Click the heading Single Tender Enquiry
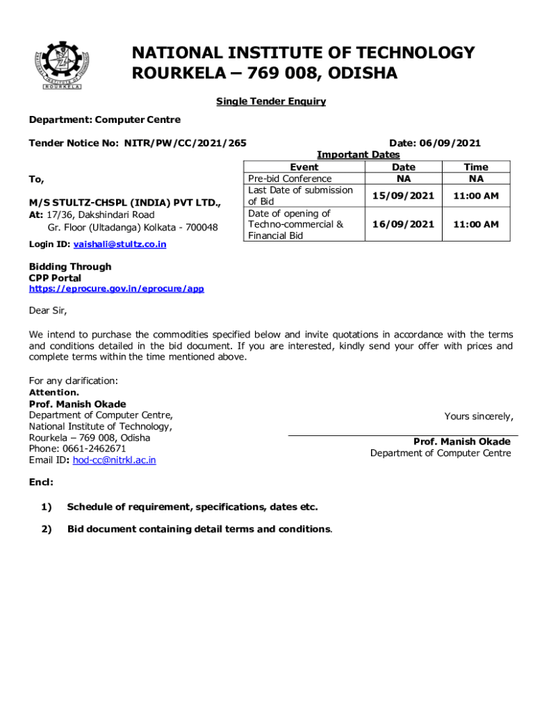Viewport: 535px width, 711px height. pos(270,101)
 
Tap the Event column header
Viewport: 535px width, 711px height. pos(304,167)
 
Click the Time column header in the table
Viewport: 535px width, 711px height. pos(475,167)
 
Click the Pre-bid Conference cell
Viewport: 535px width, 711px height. pos(290,178)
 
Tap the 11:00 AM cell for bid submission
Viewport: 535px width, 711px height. pos(475,196)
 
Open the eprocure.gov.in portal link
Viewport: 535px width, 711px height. pos(116,289)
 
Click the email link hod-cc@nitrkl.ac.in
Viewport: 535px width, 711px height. pos(114,460)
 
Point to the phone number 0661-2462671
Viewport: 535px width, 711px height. pos(93,449)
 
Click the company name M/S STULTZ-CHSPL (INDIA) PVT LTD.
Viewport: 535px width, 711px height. pos(125,203)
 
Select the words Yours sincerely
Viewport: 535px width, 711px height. pos(479,417)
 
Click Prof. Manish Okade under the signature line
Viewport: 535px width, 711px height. pos(461,442)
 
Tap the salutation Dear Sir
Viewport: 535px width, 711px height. pos(48,310)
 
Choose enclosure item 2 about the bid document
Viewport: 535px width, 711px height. pos(199,529)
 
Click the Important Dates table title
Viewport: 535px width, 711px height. pos(358,155)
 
